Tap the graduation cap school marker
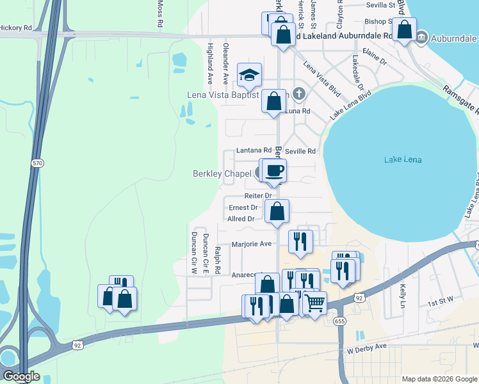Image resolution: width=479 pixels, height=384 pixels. pos(249,76)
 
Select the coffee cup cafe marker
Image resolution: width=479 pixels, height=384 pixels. pos(274,171)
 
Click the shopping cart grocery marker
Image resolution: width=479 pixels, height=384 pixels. pos(314,303)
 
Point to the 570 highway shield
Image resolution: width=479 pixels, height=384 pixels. pos(37,164)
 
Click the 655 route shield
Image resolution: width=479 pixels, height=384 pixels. pos(339,320)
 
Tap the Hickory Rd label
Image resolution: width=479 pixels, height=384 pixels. pos(16,28)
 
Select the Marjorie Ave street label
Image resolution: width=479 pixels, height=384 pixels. pos(252,244)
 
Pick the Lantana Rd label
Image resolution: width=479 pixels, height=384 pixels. pos(250,151)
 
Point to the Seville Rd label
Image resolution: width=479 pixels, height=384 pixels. pos(300,152)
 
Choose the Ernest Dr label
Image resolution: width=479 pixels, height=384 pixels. pos(243,207)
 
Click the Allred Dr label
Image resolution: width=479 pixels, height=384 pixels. pos(241,219)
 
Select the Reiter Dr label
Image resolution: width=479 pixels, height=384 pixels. pos(258,195)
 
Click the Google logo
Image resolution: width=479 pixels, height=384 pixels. pos(20,376)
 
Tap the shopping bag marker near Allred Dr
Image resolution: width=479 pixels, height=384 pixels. pos(277,211)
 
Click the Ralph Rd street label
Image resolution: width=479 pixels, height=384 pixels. pos(218,260)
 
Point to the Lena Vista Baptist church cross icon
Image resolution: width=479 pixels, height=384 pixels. pos(297,94)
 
